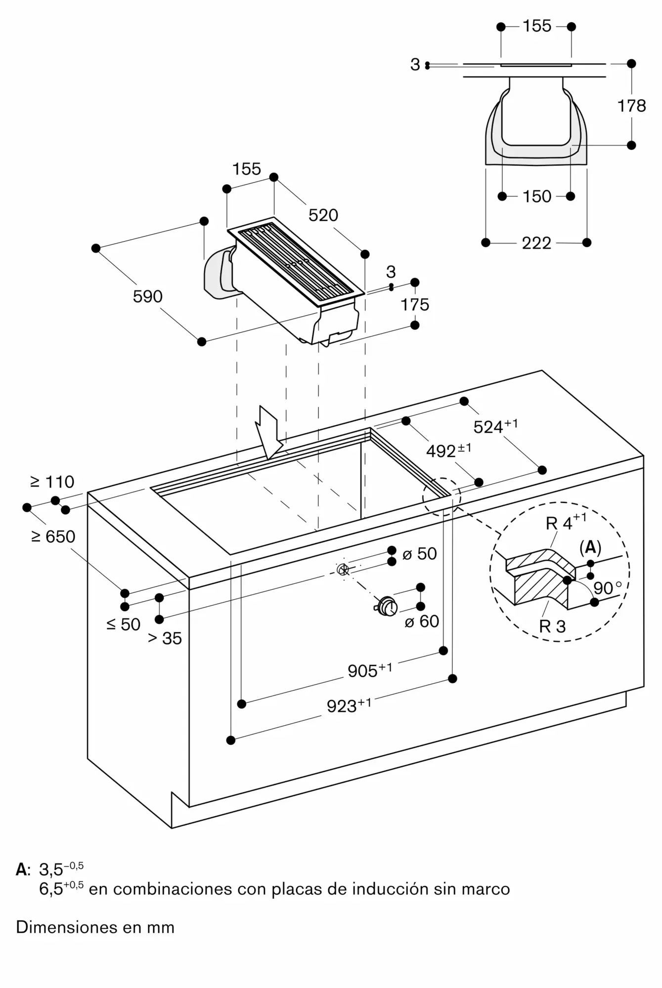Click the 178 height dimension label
pyautogui.click(x=631, y=105)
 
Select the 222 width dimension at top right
pyautogui.click(x=536, y=243)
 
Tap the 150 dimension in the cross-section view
pyautogui.click(x=537, y=196)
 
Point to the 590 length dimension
pyautogui.click(x=148, y=296)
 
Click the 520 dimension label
pyautogui.click(x=323, y=215)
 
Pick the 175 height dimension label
pyautogui.click(x=415, y=304)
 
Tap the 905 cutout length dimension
pyautogui.click(x=370, y=670)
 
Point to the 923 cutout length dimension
pyautogui.click(x=349, y=705)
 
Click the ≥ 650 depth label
pyautogui.click(x=53, y=536)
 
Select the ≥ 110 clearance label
pyautogui.click(x=52, y=481)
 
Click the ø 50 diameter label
pyautogui.click(x=420, y=553)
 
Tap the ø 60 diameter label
pyautogui.click(x=422, y=621)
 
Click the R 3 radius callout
pyautogui.click(x=552, y=626)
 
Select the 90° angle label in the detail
pyautogui.click(x=608, y=588)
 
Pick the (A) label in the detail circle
pyautogui.click(x=590, y=547)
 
